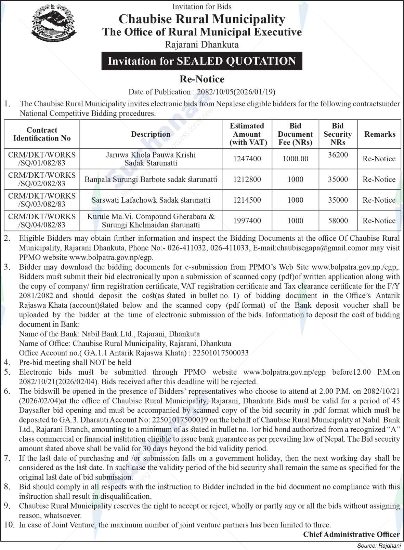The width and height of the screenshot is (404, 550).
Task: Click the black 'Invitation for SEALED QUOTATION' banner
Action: click(x=202, y=61)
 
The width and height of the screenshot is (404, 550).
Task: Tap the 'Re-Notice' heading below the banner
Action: click(x=202, y=79)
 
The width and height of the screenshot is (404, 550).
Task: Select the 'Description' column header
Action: click(x=151, y=134)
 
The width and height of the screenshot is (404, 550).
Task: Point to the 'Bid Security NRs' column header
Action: click(x=338, y=134)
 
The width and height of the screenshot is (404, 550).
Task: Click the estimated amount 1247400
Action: click(x=247, y=159)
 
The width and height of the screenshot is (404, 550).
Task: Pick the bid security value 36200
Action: click(x=338, y=155)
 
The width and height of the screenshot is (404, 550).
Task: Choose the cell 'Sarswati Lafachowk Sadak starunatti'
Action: click(x=151, y=200)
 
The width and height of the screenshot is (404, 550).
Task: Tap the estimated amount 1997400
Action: click(x=247, y=221)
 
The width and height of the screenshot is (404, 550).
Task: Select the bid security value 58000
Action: click(x=338, y=221)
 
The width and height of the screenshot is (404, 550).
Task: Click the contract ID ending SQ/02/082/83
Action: click(x=42, y=179)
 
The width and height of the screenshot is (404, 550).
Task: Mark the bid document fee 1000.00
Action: click(x=295, y=159)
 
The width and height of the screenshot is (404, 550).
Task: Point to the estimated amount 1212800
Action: click(x=247, y=179)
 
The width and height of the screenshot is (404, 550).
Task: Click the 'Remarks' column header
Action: click(x=379, y=134)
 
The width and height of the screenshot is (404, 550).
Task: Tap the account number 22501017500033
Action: click(x=221, y=353)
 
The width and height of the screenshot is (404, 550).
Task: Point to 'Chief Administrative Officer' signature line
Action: click(x=351, y=535)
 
